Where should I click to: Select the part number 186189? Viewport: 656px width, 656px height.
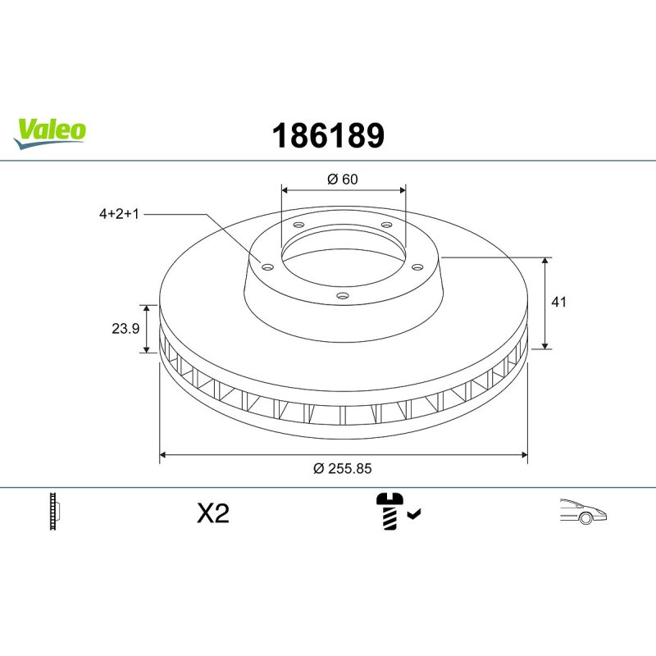(x=327, y=135)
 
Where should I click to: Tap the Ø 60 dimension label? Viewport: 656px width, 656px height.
(x=343, y=180)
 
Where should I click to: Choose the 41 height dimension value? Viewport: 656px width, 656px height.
(x=559, y=302)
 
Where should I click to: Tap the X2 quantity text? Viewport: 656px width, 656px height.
(x=213, y=514)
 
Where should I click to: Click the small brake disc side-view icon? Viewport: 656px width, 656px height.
(x=57, y=512)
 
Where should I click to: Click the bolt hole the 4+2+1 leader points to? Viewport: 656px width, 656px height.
(x=266, y=265)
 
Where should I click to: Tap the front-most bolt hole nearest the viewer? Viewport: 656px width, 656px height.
(x=343, y=296)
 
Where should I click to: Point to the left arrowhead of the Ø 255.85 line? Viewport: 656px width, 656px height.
(x=163, y=453)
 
